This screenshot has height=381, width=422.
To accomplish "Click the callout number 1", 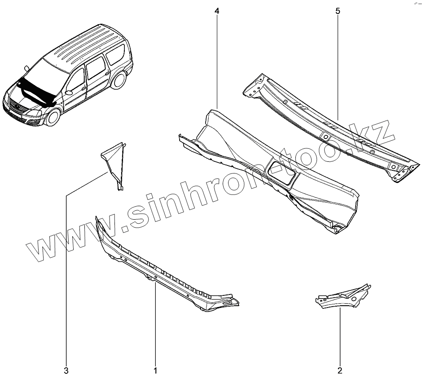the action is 155,371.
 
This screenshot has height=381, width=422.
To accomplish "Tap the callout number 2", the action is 340,371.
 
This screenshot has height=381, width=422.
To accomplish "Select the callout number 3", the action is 66,371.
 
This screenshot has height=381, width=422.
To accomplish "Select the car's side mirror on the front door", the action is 69,93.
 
